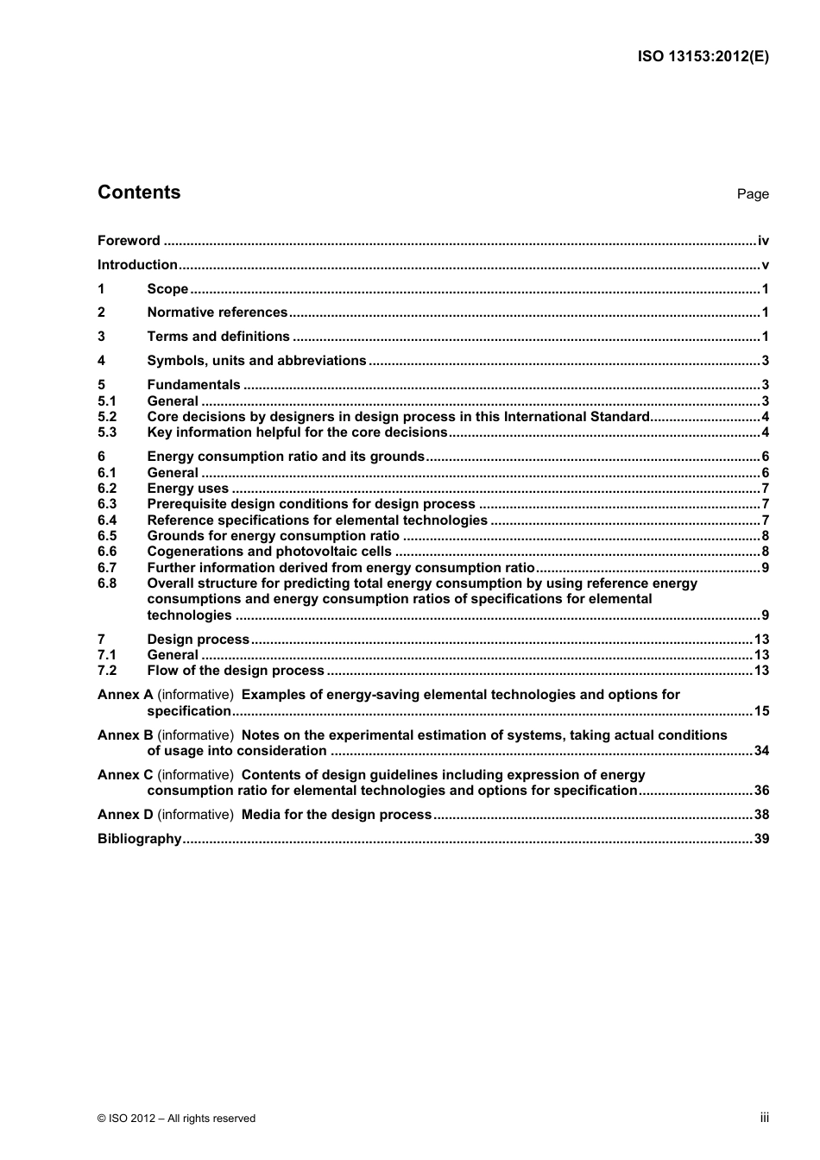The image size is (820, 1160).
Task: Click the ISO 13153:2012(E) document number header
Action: (703, 57)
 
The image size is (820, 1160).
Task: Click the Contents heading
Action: (139, 192)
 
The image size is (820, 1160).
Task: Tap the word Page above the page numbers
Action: (752, 194)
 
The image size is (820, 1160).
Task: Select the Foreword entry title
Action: (129, 241)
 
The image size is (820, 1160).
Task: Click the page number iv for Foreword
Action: (763, 241)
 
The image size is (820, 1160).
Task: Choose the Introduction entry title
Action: (137, 265)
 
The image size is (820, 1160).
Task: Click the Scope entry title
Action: (167, 289)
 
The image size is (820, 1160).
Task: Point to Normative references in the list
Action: (217, 312)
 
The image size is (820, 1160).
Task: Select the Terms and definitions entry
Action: (218, 337)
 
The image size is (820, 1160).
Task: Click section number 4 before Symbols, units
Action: (101, 361)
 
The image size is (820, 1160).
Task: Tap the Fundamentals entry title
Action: (193, 385)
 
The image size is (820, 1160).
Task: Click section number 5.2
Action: (107, 417)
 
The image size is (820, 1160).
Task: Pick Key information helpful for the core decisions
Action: (297, 432)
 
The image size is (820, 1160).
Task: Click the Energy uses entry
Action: (187, 489)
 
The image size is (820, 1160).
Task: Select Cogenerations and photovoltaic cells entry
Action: (268, 552)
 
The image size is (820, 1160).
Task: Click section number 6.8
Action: (107, 583)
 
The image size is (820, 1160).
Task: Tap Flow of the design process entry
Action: (235, 671)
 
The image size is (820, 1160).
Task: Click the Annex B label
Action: (125, 735)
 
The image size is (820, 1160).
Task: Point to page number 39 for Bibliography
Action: (761, 839)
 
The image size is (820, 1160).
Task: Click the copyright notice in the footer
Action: (176, 1119)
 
